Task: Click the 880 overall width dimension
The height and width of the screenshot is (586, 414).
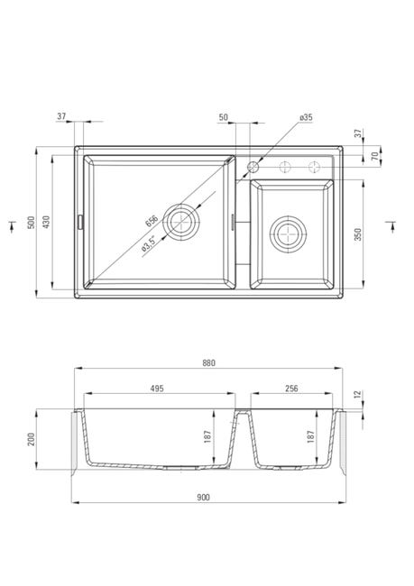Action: click(x=208, y=363)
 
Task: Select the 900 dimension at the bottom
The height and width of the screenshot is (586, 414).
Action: click(x=203, y=498)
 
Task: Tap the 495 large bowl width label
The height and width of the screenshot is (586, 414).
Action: click(x=157, y=389)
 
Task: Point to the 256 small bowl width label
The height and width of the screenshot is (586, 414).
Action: click(x=291, y=389)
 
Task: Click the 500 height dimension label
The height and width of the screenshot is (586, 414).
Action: click(x=31, y=223)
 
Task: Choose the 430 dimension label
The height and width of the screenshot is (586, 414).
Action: click(x=46, y=222)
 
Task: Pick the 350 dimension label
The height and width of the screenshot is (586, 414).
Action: click(x=358, y=234)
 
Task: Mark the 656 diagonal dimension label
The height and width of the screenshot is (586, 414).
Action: click(x=152, y=221)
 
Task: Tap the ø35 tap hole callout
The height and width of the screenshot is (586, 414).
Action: click(x=306, y=117)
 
